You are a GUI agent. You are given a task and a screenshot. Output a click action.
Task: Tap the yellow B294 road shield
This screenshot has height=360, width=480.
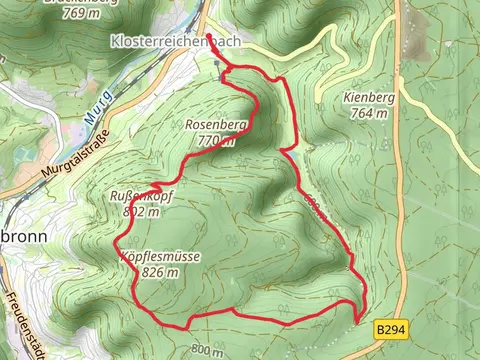coord(391,327)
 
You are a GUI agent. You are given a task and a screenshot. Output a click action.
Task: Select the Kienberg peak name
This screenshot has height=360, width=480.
coord(369,98)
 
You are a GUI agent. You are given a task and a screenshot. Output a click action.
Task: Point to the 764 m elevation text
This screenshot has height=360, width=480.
coord(369,114)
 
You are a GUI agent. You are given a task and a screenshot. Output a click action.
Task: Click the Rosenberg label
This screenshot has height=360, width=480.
coord(215,125)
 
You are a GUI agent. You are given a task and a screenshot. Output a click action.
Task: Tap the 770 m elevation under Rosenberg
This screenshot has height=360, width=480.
coord(216,141)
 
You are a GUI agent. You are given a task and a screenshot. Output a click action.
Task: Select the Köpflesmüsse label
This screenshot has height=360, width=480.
coord(159,257)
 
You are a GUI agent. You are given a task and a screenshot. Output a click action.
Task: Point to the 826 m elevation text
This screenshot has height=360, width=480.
coord(159,273)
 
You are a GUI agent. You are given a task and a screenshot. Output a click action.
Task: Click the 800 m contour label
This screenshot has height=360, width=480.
coord(206,350)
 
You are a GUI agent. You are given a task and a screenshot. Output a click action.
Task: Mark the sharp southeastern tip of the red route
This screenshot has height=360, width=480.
coord(356,322)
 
